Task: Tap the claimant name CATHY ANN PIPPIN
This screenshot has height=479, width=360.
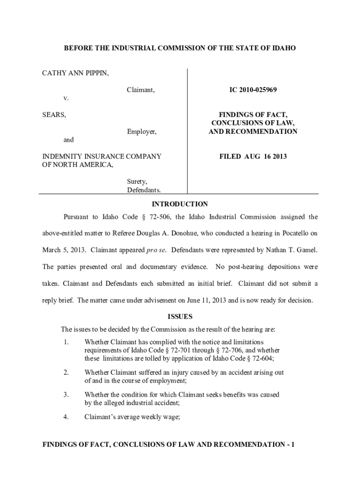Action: [76, 73]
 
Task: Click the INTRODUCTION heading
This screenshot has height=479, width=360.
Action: [180, 204]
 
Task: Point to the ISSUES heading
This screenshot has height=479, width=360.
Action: [180, 317]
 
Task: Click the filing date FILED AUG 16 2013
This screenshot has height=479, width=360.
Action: [253, 156]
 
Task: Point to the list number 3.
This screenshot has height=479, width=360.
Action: [66, 394]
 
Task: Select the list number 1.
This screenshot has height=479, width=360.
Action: [66, 342]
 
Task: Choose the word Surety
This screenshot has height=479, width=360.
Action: [137, 181]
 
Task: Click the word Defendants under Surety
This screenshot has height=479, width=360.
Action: [144, 190]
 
